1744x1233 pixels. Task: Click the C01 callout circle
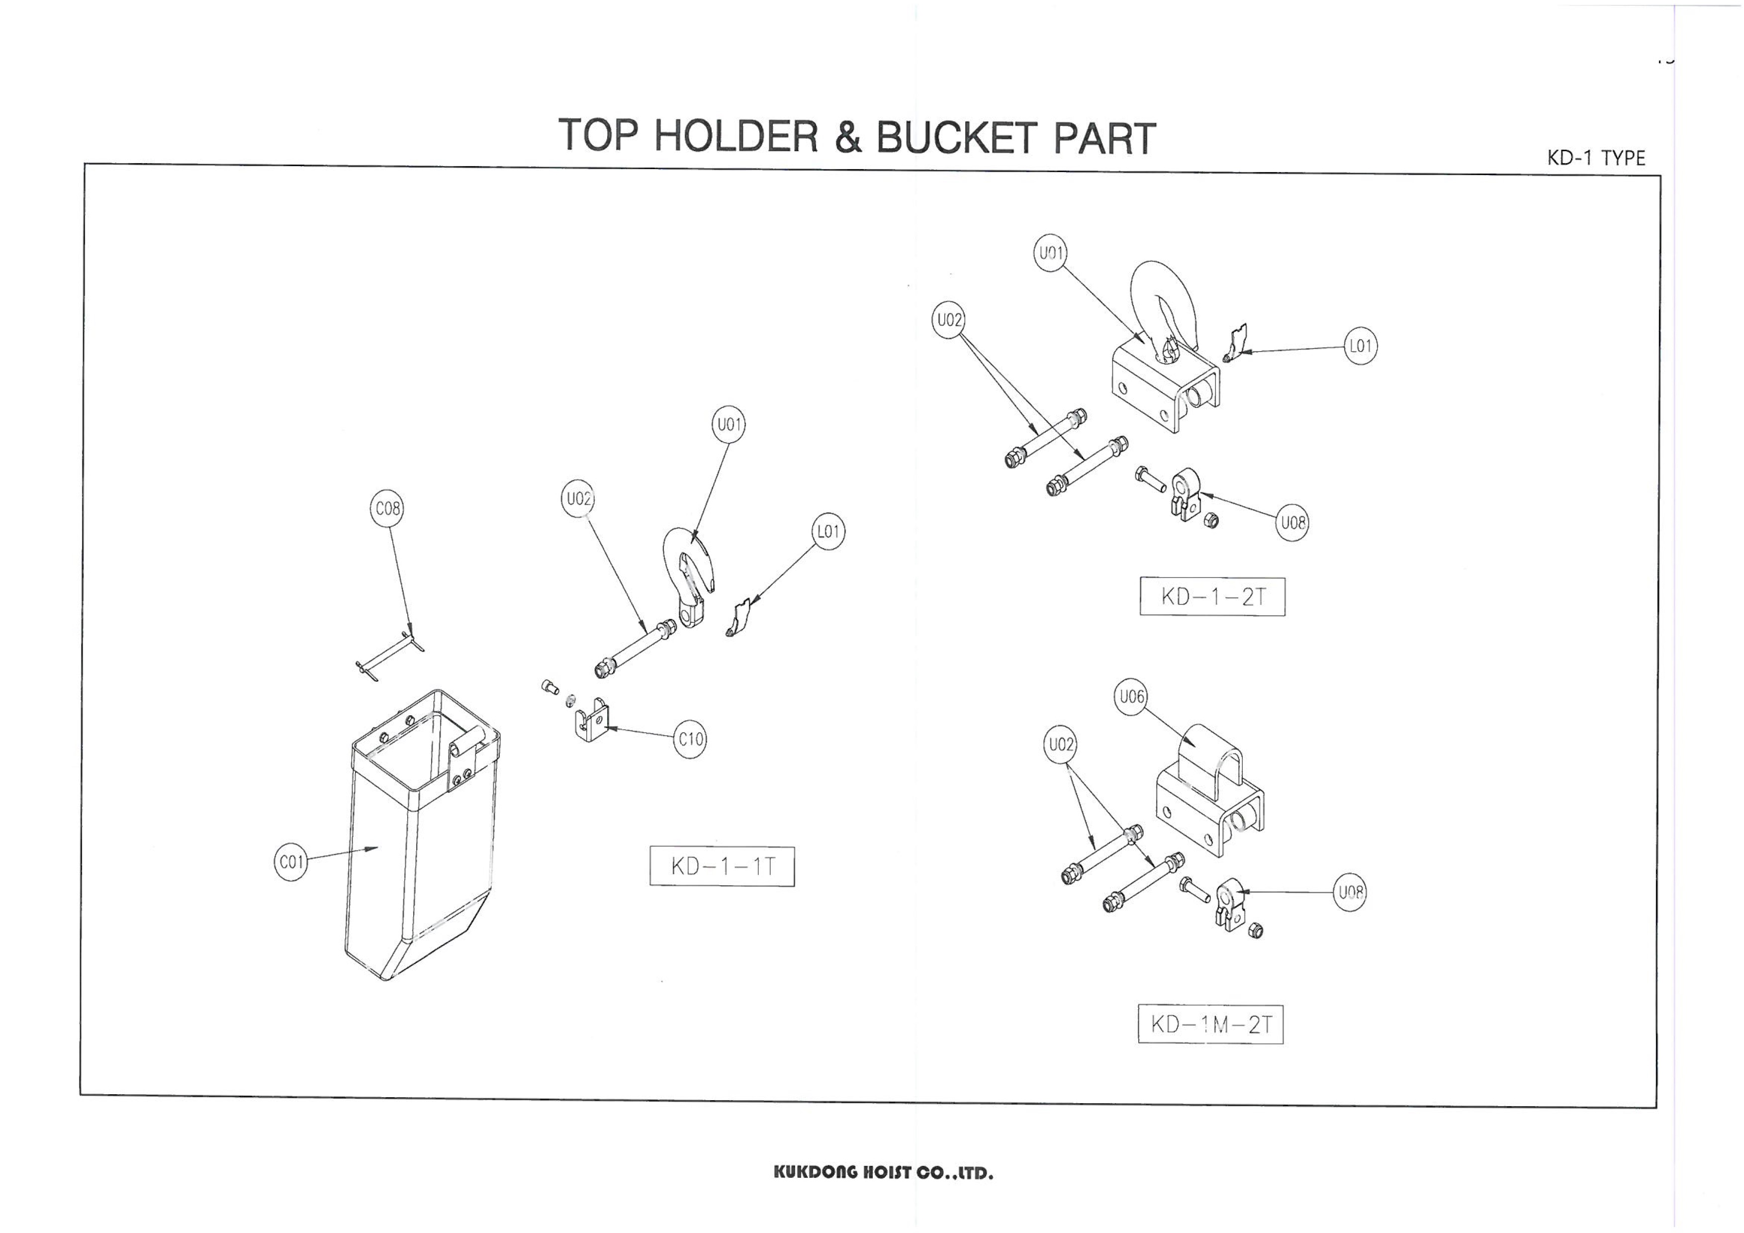[290, 862]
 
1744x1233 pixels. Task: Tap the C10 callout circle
[690, 739]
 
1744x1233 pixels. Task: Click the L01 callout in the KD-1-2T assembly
[1360, 347]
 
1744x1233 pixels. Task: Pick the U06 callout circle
[1131, 697]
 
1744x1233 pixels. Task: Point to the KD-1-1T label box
[722, 866]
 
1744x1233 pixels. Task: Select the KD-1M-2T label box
[1210, 1024]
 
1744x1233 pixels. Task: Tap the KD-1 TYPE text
[1596, 159]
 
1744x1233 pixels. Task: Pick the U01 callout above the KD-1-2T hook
[1050, 253]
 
